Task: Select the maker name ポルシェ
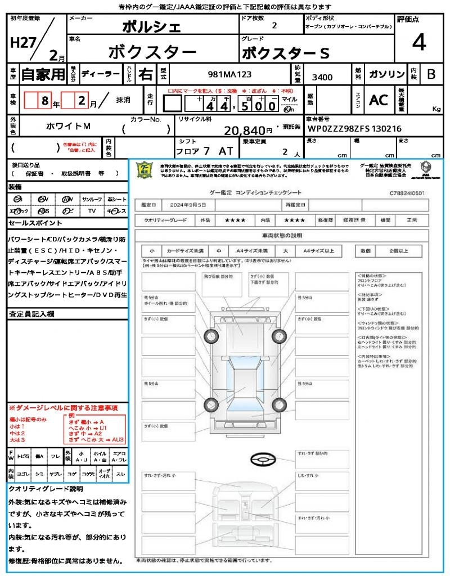pyautogui.click(x=152, y=27)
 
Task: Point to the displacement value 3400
pyautogui.click(x=322, y=77)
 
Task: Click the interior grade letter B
pyautogui.click(x=431, y=74)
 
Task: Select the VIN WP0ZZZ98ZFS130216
pyautogui.click(x=354, y=129)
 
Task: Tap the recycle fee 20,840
pyautogui.click(x=245, y=130)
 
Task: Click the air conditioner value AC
pyautogui.click(x=379, y=100)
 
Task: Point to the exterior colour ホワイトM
pyautogui.click(x=67, y=127)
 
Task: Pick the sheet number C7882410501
pyautogui.click(x=407, y=192)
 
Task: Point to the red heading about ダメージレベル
pyautogui.click(x=63, y=407)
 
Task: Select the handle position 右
pyautogui.click(x=145, y=74)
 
